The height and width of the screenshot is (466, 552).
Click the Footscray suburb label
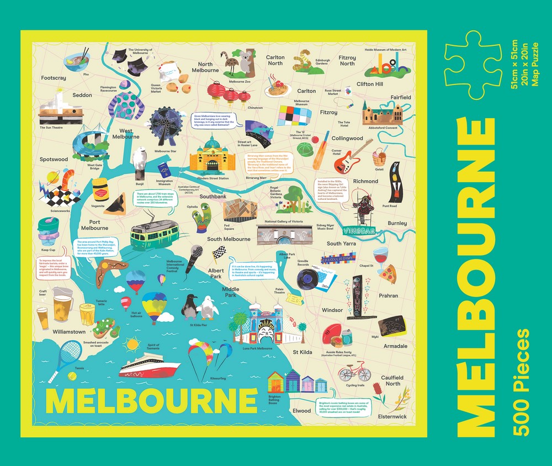tap(54, 78)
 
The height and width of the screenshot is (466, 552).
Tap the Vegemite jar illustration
tap(99, 189)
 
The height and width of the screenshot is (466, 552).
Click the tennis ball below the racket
tap(72, 375)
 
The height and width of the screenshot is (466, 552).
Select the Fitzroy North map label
tap(347, 60)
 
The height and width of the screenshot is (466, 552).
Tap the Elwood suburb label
tap(302, 411)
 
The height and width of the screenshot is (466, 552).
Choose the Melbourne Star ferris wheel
tap(166, 125)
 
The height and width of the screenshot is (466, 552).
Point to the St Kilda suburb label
tap(302, 352)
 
